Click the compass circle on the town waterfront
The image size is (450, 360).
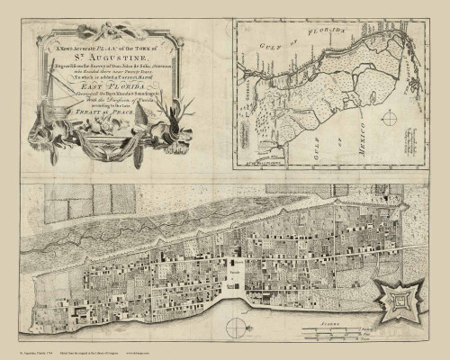coord(236,325)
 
